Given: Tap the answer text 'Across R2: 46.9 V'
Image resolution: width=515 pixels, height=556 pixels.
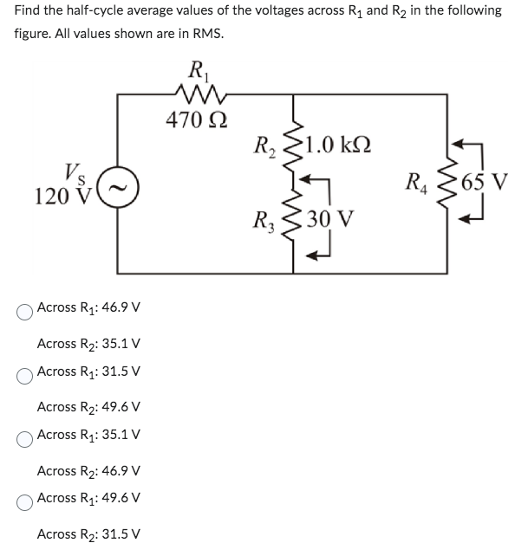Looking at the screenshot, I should coord(89,470).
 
